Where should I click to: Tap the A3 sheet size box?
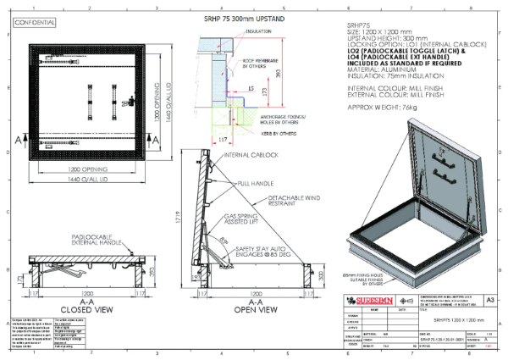pos(491,299)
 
